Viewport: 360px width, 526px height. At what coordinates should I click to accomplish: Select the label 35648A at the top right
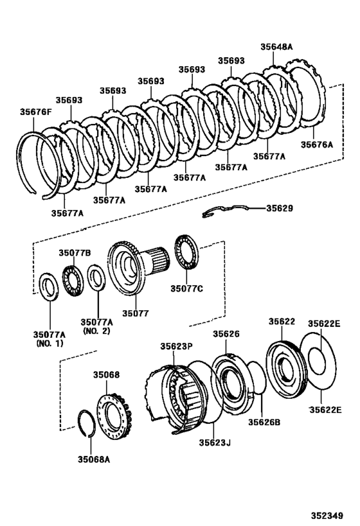(x=276, y=46)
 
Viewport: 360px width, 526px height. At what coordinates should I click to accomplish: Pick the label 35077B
(x=75, y=253)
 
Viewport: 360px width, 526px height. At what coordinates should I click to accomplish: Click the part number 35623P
(x=177, y=346)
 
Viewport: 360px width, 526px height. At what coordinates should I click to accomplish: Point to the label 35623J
(x=214, y=442)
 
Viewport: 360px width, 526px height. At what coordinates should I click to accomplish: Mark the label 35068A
(x=94, y=459)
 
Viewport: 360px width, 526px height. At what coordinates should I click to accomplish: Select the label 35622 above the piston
(x=282, y=321)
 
